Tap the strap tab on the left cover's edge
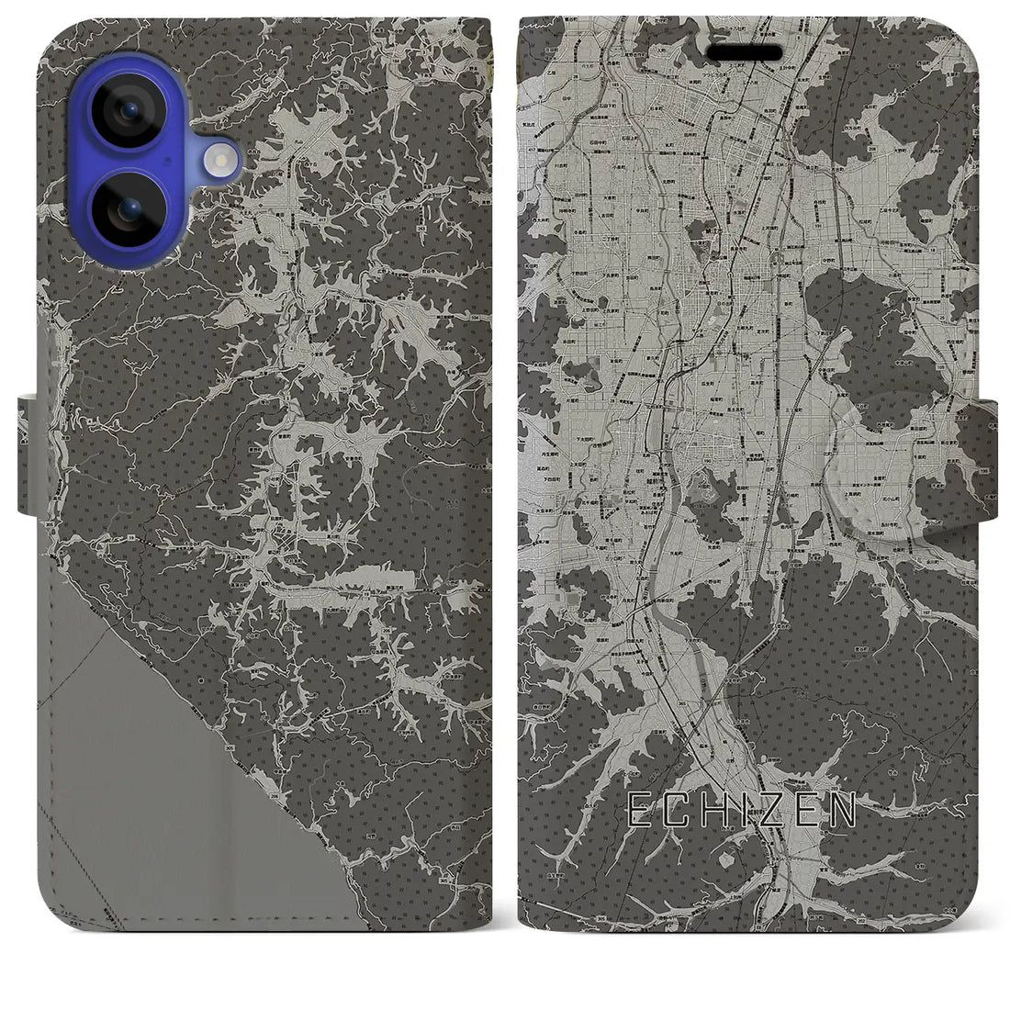(27, 454)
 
